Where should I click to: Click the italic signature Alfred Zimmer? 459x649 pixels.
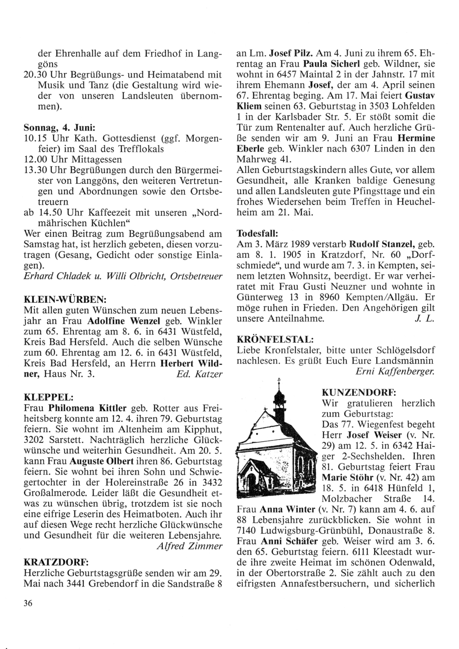click(x=189, y=546)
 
